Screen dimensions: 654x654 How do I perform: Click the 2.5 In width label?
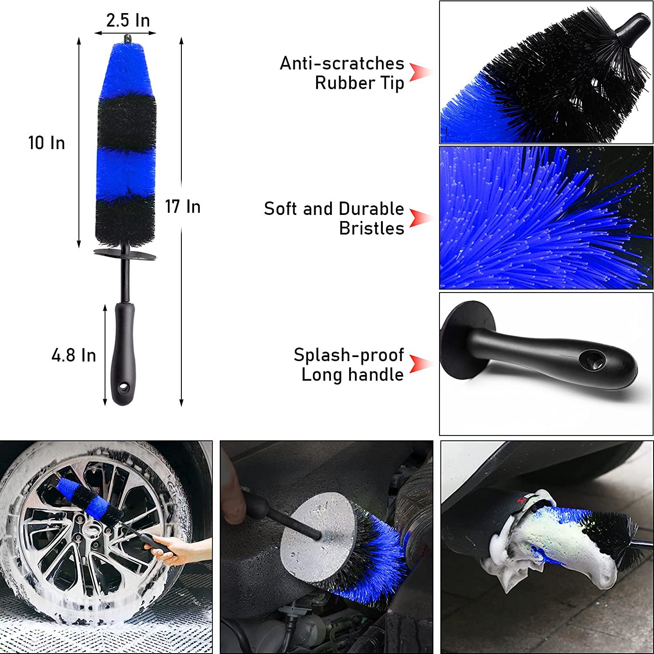point(128,20)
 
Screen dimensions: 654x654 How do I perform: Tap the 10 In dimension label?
point(47,143)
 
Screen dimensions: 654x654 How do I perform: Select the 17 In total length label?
point(183,207)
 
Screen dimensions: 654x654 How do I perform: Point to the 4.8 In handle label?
point(74,355)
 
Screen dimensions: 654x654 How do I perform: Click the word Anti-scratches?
point(342,64)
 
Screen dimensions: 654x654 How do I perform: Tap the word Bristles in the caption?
point(371,228)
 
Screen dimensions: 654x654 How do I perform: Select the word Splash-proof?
point(348,355)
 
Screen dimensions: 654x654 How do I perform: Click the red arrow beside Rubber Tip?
point(419,72)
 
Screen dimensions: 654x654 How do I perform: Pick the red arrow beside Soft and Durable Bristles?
point(419,218)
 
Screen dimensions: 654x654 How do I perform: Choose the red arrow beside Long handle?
point(419,364)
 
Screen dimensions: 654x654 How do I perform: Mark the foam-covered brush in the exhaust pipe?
point(562,545)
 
